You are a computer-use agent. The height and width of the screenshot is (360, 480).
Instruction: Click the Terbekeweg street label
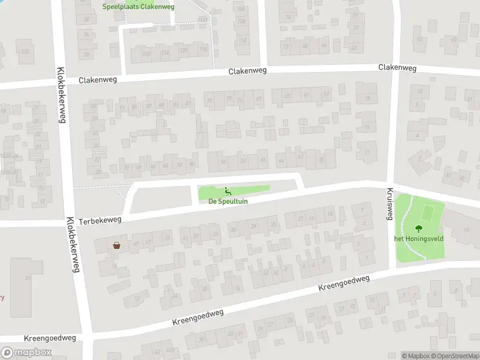[x=100, y=220]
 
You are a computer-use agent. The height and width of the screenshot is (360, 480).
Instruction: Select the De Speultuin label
[x=228, y=202]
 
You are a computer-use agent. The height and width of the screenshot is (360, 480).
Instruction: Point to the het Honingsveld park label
[x=418, y=238]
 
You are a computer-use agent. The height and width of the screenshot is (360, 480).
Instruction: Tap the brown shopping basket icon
[x=116, y=245]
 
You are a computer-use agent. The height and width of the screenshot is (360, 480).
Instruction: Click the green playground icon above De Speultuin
[x=227, y=192]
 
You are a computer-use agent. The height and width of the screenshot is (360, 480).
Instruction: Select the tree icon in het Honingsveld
[x=418, y=228]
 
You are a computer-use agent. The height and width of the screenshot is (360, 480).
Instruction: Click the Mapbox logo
[x=27, y=353]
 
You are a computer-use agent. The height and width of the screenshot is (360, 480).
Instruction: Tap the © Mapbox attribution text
[x=415, y=356]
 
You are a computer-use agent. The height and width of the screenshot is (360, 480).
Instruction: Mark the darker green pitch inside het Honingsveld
[x=428, y=212]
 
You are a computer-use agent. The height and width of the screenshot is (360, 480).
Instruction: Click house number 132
[x=25, y=52]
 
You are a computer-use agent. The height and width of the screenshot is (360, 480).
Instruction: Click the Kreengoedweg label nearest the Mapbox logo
[x=50, y=339]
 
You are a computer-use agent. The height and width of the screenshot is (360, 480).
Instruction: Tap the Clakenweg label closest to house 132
[x=98, y=79]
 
